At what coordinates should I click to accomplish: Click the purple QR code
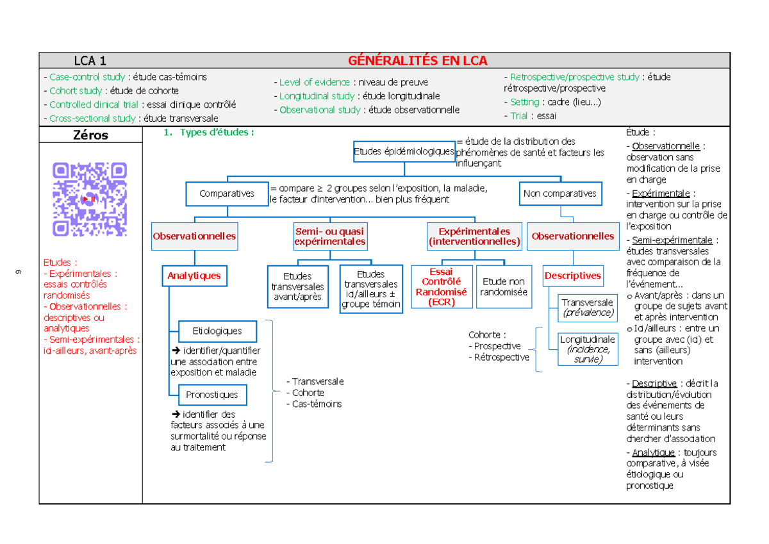90,199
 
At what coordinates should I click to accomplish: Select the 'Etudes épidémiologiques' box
404,152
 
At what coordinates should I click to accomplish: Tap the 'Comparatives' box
227,194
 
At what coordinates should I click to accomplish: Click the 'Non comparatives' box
559,194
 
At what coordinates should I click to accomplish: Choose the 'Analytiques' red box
194,276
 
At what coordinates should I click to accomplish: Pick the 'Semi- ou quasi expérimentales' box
330,236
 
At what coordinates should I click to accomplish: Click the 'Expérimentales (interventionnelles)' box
474,236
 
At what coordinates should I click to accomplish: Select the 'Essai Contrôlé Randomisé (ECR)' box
442,288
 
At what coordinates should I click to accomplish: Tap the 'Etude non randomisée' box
504,286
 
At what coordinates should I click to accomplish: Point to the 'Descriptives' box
573,276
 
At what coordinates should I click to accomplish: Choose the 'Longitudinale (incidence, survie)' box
588,349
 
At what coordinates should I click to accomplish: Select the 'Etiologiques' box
217,331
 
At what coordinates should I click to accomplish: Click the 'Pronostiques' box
211,395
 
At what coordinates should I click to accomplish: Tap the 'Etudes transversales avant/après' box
297,287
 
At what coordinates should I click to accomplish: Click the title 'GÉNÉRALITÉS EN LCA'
417,61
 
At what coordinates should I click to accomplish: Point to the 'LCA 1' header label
90,61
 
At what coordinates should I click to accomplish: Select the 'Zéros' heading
90,135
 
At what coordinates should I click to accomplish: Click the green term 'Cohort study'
76,91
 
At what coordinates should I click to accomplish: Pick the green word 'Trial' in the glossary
518,116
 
